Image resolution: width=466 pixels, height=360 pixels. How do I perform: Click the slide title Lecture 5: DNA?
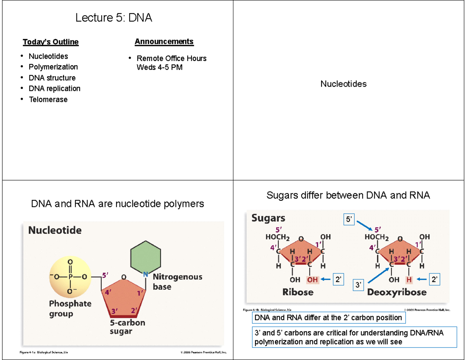[x=114, y=18]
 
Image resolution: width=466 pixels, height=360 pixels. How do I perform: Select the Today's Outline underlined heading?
[x=50, y=42]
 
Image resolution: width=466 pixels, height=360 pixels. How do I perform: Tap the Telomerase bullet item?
[x=48, y=100]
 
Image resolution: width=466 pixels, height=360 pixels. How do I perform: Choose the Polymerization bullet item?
[x=53, y=67]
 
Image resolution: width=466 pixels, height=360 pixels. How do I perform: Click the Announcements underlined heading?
[x=164, y=42]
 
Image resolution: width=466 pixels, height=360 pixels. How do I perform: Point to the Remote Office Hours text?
[x=171, y=59]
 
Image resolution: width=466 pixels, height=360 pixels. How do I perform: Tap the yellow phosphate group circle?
[x=70, y=277]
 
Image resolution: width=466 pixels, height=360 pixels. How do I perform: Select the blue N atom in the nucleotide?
[x=146, y=274]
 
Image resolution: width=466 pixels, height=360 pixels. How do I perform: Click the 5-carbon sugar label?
[x=127, y=327]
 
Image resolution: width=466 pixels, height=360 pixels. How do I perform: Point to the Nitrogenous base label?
[x=177, y=282]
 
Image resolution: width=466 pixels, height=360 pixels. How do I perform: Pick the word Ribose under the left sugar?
[x=298, y=292]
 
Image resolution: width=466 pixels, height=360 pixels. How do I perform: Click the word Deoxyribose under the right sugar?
[x=396, y=292]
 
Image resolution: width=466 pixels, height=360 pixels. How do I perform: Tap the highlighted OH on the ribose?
[x=313, y=280]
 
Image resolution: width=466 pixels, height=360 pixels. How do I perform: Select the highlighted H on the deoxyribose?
[x=409, y=280]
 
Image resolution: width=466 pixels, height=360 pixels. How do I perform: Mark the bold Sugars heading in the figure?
[x=268, y=218]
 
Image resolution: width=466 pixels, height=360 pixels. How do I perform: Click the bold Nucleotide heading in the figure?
[x=55, y=231]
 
